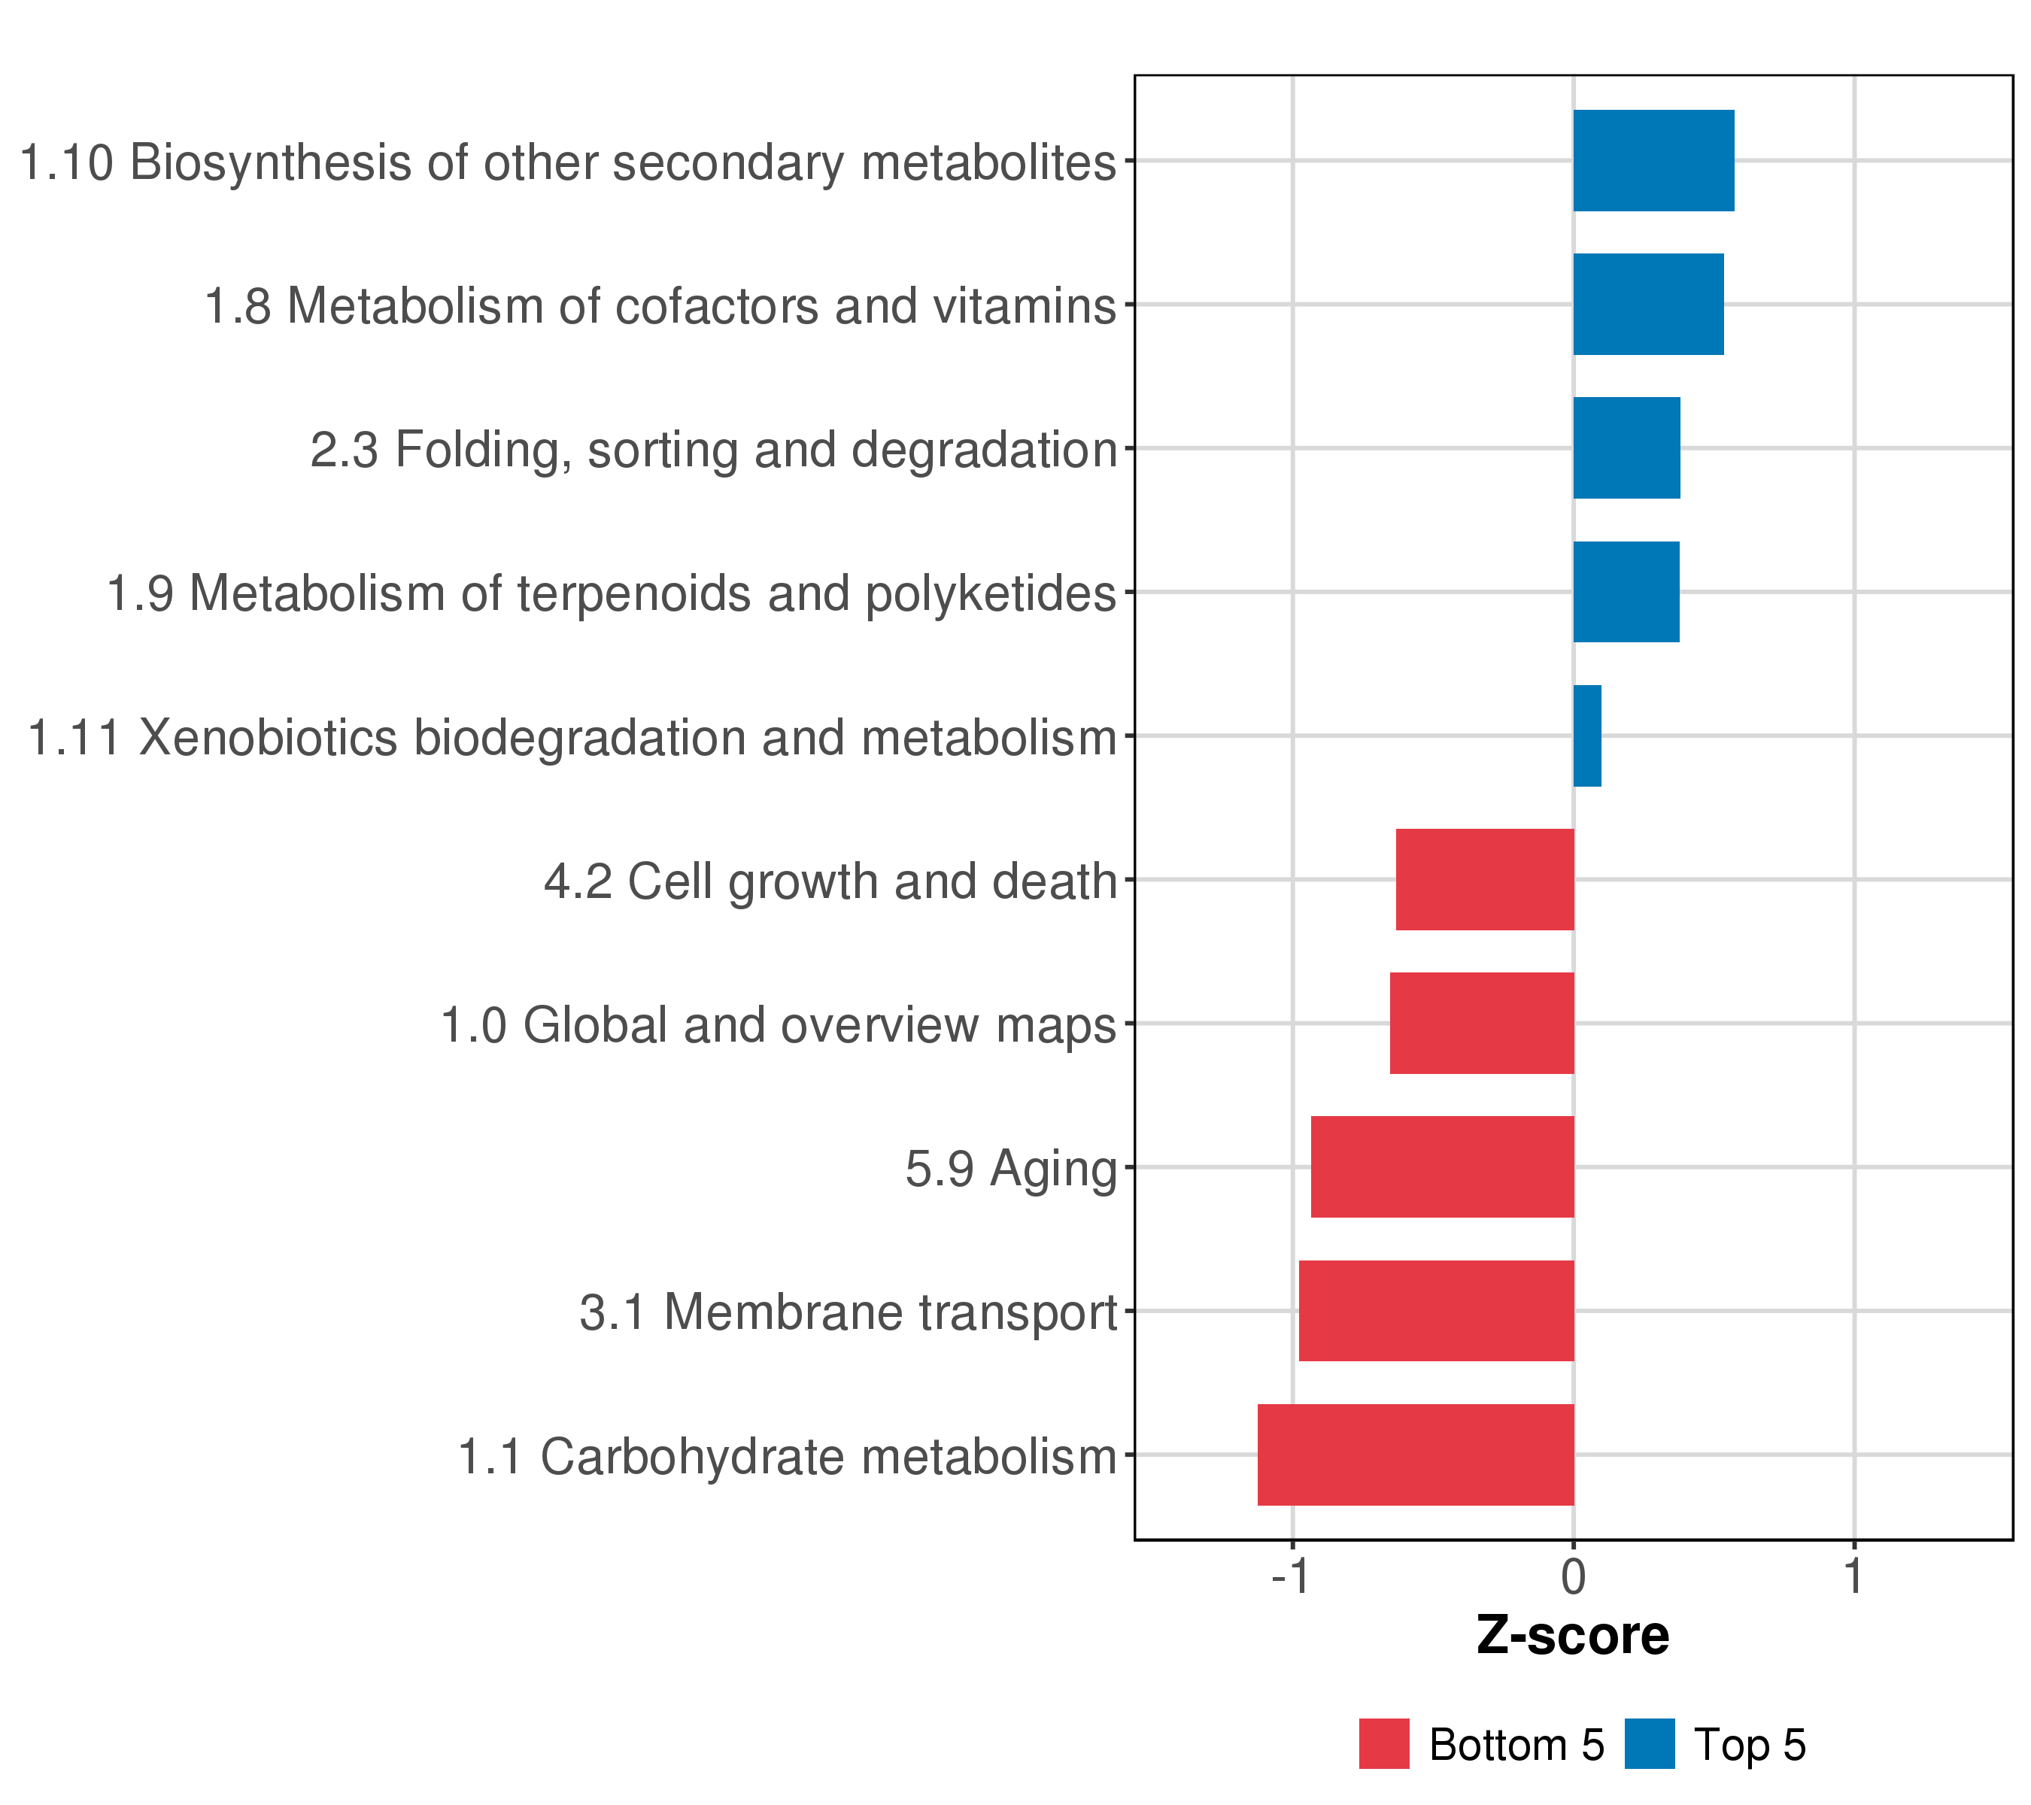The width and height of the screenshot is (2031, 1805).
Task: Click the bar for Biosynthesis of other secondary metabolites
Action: click(x=1653, y=161)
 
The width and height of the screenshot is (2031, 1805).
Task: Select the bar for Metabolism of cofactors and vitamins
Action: click(x=1647, y=304)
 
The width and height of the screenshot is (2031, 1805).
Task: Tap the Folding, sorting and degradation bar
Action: click(x=1626, y=448)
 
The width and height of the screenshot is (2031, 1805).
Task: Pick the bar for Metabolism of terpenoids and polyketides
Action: click(x=1626, y=592)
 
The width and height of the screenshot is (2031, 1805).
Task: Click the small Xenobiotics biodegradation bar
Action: click(x=1587, y=736)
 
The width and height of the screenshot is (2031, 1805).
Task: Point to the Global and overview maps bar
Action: click(x=1482, y=1023)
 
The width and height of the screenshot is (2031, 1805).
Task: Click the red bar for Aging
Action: click(x=1442, y=1167)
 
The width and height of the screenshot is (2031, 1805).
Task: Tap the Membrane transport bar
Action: click(x=1436, y=1312)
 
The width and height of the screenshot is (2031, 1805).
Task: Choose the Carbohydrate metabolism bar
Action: click(x=1415, y=1455)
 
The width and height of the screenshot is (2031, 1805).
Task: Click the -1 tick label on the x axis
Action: click(x=1291, y=1578)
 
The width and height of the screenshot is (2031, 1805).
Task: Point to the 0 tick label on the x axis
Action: click(x=1573, y=1578)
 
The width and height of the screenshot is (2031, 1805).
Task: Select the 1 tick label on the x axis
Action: click(x=1853, y=1578)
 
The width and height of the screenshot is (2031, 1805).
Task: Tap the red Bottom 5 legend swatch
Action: click(x=1384, y=1744)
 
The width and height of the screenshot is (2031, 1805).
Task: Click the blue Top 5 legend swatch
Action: click(x=1650, y=1744)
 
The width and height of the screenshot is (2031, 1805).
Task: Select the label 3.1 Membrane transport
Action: click(x=848, y=1312)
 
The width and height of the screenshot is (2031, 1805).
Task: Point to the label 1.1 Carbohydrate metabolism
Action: click(x=787, y=1458)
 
